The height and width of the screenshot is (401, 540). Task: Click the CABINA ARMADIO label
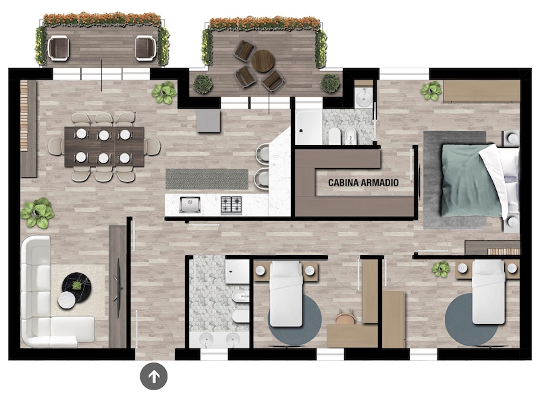pos(363,182)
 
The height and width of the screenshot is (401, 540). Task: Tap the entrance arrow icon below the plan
pos(154,376)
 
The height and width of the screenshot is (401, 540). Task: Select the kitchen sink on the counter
pos(190,205)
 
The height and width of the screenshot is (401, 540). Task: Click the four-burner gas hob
pos(231,205)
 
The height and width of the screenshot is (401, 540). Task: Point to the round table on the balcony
pos(263,61)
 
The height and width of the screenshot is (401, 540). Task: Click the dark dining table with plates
pos(105,146)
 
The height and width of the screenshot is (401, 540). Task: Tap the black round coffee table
pos(76,286)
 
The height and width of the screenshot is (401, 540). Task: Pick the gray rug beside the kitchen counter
pos(207,179)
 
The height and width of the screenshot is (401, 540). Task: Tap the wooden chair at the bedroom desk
pos(345,317)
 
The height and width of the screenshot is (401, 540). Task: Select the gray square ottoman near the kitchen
pos(209,121)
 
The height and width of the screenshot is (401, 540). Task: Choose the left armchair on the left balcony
pos(59,49)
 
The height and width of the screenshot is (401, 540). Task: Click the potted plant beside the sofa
pos(37,213)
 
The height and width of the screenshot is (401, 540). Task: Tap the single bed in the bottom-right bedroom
pos(488,292)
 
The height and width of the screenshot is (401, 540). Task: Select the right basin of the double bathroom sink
pos(234,339)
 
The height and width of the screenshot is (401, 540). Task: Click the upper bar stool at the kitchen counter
pos(263,153)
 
